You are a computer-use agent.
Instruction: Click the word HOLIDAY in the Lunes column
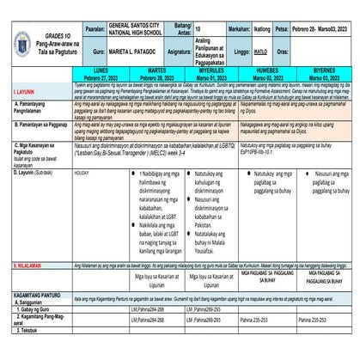point(82,173)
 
